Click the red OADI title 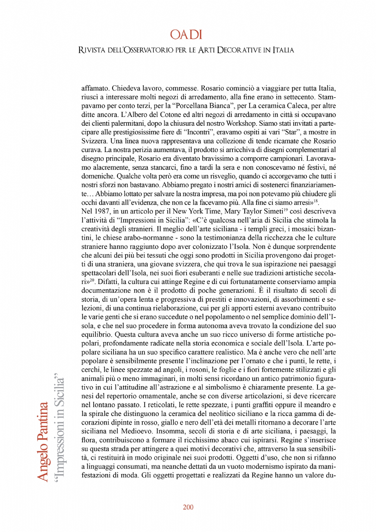(186, 34)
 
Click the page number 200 (188, 507)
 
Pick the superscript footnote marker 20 (92, 280)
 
